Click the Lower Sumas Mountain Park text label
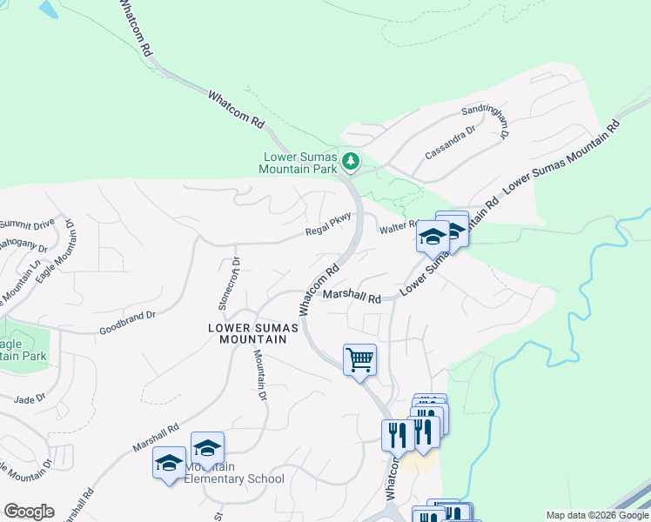(300, 164)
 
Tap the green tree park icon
(350, 161)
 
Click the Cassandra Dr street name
(450, 143)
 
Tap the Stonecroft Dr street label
(227, 283)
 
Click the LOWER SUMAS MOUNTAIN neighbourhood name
(253, 333)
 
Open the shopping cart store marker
(359, 358)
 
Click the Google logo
(29, 512)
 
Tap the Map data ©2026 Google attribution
(594, 515)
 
